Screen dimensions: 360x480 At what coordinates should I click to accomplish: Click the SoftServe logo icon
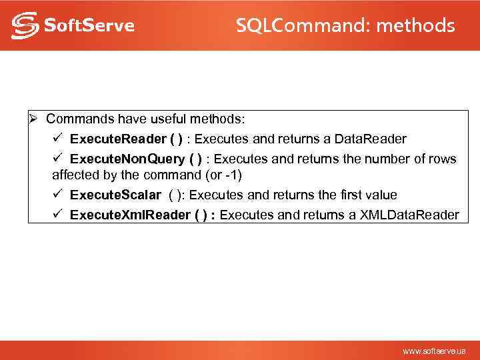pos(24,25)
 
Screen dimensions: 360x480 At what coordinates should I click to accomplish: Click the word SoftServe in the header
pos(89,26)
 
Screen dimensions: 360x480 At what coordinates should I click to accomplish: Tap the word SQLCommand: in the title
pos(303,26)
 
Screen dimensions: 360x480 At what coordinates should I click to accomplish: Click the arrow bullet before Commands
pos(34,119)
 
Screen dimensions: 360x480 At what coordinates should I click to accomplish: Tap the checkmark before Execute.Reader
pos(58,139)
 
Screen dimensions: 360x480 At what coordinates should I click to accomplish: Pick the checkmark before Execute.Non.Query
pos(58,159)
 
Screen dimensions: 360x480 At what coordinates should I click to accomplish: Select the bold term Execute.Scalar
pos(115,195)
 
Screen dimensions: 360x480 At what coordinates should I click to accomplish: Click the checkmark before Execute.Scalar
pos(58,195)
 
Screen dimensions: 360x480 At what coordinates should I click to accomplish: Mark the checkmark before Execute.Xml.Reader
pos(58,215)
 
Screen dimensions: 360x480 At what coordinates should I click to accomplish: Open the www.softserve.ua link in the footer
pos(434,351)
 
